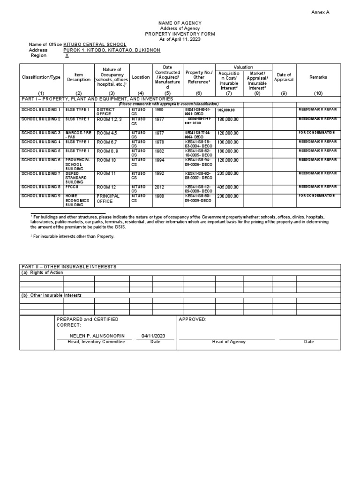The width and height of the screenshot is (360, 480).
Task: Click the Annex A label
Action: [320, 12]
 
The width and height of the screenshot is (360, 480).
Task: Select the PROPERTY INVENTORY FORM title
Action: [180, 34]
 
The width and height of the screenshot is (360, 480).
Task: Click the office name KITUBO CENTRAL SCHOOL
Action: [95, 44]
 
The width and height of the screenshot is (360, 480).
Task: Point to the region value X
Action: [67, 55]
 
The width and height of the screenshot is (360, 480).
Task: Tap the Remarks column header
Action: [318, 77]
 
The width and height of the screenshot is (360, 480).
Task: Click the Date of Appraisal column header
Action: [284, 77]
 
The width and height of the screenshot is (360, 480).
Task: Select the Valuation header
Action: [244, 67]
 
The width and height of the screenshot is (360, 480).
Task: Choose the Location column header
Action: [141, 77]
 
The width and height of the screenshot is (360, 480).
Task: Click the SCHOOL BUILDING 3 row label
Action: [41, 133]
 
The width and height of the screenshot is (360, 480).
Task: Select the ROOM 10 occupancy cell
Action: [106, 160]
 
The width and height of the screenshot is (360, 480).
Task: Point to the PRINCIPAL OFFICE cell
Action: [108, 198]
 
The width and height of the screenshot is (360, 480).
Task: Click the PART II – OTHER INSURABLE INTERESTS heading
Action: [69, 266]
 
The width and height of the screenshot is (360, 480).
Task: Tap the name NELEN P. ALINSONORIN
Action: [90, 336]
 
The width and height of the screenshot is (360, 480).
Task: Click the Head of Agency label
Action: [229, 342]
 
